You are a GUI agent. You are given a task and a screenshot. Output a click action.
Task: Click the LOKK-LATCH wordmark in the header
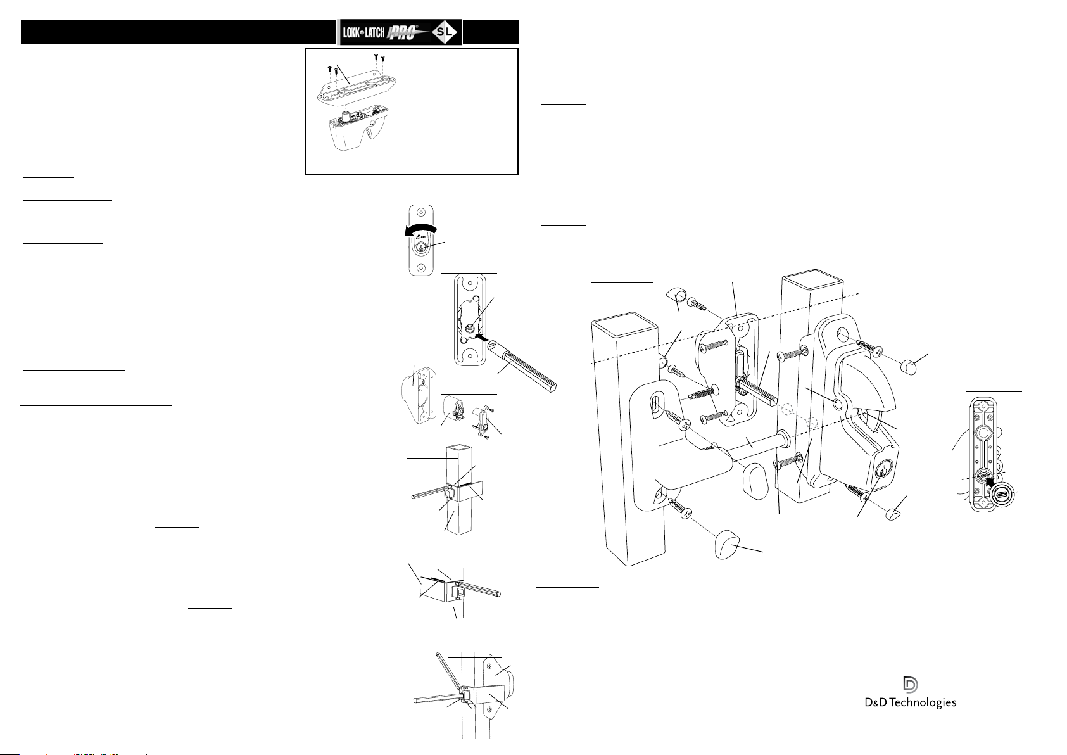pos(363,32)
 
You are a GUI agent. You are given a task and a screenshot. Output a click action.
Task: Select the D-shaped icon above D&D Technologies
pos(911,684)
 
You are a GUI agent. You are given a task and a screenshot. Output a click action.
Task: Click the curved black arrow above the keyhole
pos(420,229)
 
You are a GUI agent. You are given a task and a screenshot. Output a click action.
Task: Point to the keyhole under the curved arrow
pos(420,247)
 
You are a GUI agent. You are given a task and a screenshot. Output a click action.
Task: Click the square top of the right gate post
pos(813,281)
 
